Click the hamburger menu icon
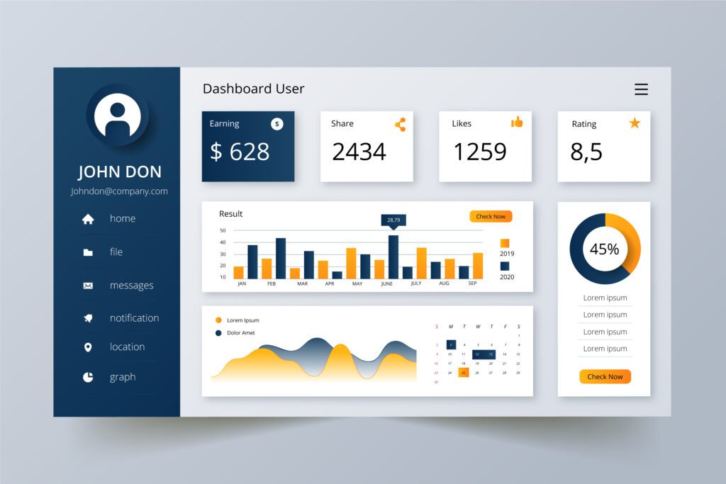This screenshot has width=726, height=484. click(641, 89)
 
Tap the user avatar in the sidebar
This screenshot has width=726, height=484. click(117, 115)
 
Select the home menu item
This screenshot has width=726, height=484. click(122, 218)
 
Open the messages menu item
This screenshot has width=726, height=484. click(131, 286)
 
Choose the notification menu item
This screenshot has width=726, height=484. click(134, 318)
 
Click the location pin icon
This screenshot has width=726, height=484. click(88, 347)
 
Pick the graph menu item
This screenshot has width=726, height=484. click(122, 377)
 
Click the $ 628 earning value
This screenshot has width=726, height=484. click(240, 152)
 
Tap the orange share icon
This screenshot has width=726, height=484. click(401, 125)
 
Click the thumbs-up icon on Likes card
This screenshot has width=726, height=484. click(517, 123)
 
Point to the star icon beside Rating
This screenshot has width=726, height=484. click(635, 123)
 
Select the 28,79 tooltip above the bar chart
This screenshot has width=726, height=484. click(393, 220)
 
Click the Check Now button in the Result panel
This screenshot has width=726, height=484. click(491, 217)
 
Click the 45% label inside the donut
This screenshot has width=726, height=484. click(604, 249)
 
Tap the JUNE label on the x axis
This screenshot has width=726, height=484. click(386, 283)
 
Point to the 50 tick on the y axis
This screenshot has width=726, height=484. click(223, 230)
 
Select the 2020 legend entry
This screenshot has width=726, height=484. click(507, 276)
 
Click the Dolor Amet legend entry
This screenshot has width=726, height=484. click(240, 333)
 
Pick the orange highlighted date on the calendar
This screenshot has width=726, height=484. click(463, 372)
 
